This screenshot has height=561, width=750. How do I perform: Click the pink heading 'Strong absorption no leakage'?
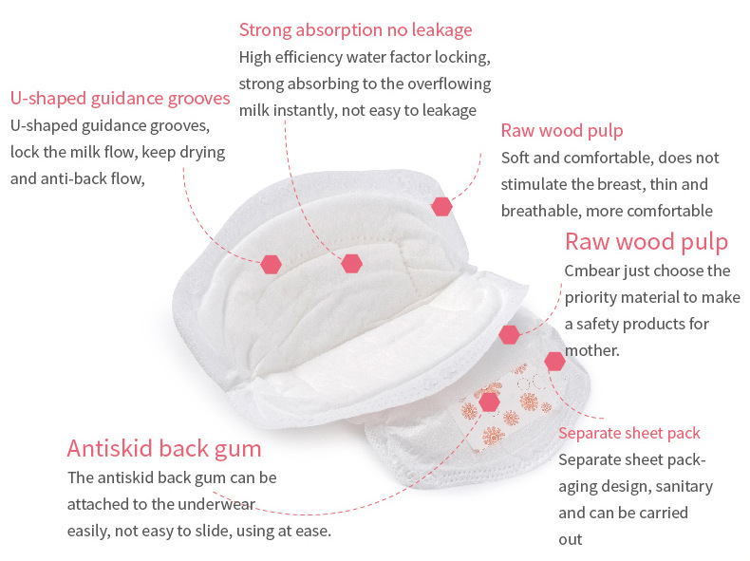point(355,30)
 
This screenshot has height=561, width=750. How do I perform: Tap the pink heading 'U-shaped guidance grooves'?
point(120,99)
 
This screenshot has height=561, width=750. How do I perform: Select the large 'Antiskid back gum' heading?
point(164,449)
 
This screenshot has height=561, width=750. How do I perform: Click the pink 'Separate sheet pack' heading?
point(629,433)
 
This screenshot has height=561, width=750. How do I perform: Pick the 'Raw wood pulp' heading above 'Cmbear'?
point(647,242)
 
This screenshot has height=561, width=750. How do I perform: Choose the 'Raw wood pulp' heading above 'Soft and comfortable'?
point(562,131)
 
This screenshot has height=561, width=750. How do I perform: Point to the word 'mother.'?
point(592,350)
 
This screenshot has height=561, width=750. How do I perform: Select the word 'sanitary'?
point(684,486)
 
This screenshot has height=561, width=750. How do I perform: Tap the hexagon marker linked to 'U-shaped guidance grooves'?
point(271,264)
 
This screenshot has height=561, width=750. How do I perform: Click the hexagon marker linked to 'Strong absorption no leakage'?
point(351,264)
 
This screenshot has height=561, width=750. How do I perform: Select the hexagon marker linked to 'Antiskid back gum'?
point(489,402)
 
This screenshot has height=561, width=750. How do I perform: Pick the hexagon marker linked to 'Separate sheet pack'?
point(554,362)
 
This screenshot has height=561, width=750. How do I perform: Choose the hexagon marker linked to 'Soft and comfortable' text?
point(441,207)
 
